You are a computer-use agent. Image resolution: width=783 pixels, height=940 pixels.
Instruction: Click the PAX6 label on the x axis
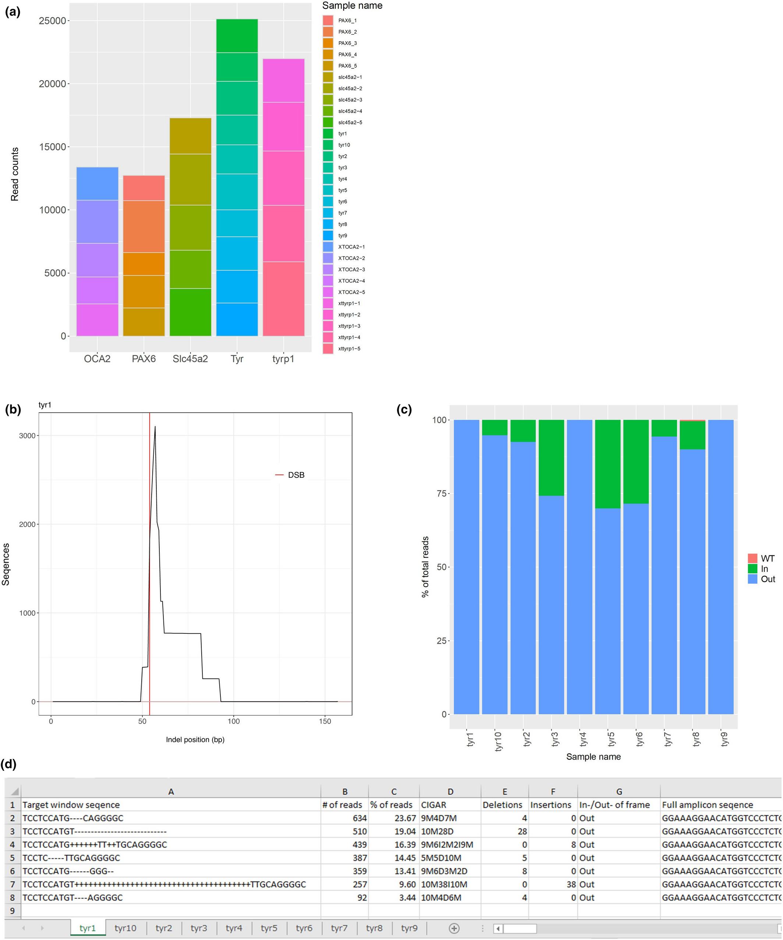pos(144,359)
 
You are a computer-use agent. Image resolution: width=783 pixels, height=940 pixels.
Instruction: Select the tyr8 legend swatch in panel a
pos(328,224)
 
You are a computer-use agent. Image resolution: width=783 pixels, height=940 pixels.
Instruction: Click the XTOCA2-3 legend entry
pos(351,269)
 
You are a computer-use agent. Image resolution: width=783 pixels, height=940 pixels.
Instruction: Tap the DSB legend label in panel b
pos(296,475)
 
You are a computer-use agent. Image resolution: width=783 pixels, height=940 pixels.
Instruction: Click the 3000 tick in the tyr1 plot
pos(27,435)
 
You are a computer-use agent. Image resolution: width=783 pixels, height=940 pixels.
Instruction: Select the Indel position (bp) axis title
pos(195,739)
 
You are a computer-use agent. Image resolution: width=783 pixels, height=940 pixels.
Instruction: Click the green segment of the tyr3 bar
pos(551,457)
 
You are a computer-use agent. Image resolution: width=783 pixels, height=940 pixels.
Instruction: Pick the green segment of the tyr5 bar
pos(607,464)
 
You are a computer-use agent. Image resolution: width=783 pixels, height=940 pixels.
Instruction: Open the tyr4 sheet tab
pos(234,928)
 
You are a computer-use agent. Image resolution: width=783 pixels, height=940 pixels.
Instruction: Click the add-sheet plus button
pos(454,928)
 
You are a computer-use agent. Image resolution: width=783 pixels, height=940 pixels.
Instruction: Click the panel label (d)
pos(8,764)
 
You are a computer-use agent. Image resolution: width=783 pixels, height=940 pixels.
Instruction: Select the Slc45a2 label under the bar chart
pos(190,359)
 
